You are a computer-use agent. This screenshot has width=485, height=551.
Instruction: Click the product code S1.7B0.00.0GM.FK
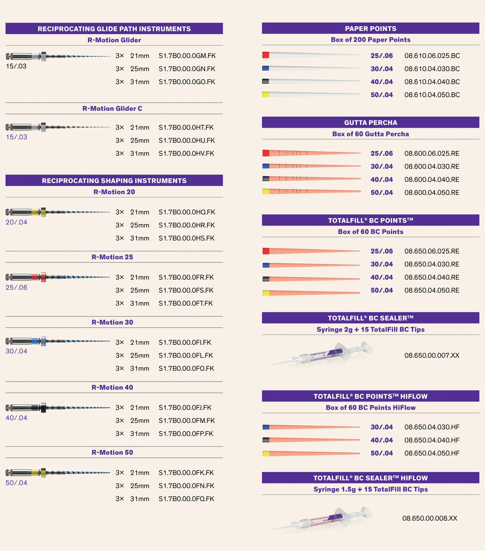point(187,56)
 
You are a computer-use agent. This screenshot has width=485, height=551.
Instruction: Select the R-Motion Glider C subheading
point(112,109)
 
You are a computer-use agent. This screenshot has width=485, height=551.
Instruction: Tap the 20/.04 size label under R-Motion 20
point(16,222)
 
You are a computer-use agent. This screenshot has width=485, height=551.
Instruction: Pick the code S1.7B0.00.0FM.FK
point(187,421)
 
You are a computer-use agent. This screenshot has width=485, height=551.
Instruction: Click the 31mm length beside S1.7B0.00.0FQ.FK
point(139,499)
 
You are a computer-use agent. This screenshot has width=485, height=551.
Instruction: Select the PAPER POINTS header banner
point(370,28)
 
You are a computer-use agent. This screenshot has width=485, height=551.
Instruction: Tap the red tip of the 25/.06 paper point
point(266,55)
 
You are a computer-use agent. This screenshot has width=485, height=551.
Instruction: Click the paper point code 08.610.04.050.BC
point(432,95)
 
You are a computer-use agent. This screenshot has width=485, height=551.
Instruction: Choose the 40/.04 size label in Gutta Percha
point(382,180)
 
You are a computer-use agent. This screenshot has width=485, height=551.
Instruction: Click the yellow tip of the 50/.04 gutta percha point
point(266,192)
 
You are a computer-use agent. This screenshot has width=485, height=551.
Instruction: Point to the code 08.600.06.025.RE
point(431,153)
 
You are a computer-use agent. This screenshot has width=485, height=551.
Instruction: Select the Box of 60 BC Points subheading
point(370,232)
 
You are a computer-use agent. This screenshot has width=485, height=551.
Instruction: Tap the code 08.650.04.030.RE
point(431,265)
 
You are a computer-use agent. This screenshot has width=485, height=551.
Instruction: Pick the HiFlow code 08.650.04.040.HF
point(431,440)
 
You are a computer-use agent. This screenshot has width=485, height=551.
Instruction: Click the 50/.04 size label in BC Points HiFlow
point(382,454)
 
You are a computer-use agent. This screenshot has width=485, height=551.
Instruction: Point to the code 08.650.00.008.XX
point(429,519)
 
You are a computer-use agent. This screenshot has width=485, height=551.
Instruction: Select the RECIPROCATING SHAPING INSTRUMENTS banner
point(114,181)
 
